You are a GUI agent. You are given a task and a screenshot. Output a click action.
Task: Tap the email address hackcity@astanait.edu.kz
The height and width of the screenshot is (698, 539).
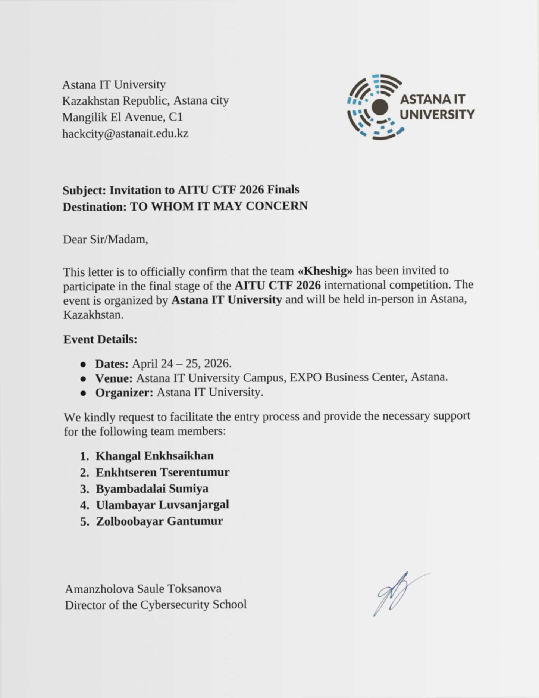click(x=125, y=134)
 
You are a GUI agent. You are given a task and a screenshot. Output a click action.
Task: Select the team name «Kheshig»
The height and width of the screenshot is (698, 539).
click(x=325, y=271)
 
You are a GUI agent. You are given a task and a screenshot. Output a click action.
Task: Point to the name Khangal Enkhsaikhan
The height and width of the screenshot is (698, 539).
click(x=154, y=456)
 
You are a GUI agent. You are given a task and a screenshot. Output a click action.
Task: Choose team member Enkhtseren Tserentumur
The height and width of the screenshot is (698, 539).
click(x=162, y=472)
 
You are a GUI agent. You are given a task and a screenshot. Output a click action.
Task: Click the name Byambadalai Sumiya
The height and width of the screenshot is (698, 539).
click(x=152, y=489)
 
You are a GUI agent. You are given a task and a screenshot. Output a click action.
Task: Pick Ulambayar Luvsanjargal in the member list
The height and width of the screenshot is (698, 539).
click(x=162, y=505)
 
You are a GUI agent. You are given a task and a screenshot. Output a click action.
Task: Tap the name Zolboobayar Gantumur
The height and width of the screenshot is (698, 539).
click(x=159, y=521)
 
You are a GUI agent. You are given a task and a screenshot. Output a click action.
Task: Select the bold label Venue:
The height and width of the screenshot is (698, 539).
click(x=114, y=378)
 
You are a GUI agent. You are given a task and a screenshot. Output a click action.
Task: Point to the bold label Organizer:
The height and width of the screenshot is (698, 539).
click(x=124, y=393)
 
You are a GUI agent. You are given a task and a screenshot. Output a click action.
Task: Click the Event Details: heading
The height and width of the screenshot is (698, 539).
click(x=100, y=339)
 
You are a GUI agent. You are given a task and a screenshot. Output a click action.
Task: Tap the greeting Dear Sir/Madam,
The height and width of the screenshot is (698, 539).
click(x=106, y=239)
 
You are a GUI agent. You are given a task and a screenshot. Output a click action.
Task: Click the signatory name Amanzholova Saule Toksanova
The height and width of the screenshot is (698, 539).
click(x=143, y=589)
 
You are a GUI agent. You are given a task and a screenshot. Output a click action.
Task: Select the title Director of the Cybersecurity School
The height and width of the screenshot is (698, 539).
click(x=156, y=605)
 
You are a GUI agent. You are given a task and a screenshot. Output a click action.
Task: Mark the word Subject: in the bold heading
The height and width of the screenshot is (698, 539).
click(x=84, y=190)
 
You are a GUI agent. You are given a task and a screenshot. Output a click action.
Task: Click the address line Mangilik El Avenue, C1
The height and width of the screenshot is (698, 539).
click(x=123, y=117)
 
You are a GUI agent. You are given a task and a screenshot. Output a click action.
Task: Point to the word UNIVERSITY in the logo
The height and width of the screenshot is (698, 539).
click(x=437, y=115)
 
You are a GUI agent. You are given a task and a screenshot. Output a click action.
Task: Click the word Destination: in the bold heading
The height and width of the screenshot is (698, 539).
click(x=95, y=207)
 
